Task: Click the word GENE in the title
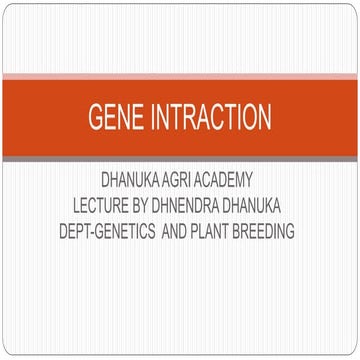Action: point(114,118)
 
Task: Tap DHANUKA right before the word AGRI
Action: point(136,180)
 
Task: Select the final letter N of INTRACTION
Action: point(263,118)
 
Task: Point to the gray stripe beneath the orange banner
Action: point(180,158)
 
